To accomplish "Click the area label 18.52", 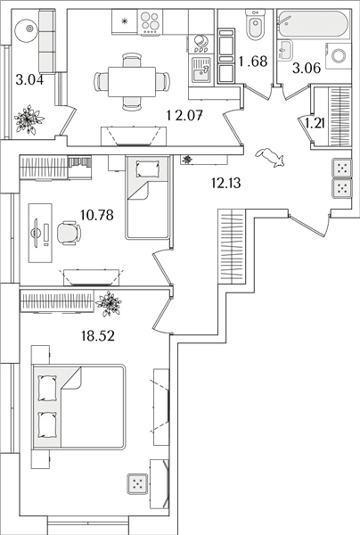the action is (x=98, y=336).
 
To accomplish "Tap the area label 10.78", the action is (x=97, y=215).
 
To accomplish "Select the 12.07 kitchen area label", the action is (x=184, y=115).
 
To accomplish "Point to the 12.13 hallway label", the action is (x=225, y=183).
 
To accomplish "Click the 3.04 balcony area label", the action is (x=29, y=80).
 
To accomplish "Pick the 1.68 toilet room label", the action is (x=253, y=62).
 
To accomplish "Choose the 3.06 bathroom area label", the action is (x=307, y=69).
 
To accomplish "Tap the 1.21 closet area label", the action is (x=315, y=123).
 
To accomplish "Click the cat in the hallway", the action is (x=270, y=158).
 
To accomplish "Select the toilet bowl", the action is (x=256, y=25).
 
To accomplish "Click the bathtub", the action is (x=313, y=24).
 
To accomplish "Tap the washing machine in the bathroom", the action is (x=339, y=56).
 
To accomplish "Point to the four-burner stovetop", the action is (x=151, y=22).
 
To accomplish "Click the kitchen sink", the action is (x=201, y=70).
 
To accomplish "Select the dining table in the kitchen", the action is (x=132, y=82).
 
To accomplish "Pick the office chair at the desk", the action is (x=69, y=233).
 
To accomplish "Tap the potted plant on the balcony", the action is (x=29, y=119).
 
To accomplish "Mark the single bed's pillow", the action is (x=148, y=169).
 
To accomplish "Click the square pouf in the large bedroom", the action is (x=138, y=484).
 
